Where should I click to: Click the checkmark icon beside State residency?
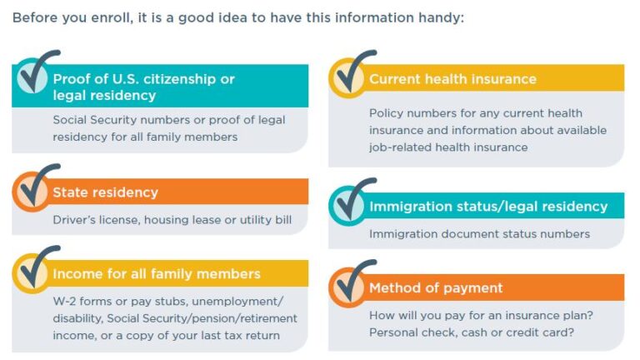pos(32,189)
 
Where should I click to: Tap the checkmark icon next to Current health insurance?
pos(352,75)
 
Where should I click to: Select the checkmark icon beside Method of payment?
pos(352,284)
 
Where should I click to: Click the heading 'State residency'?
pos(105,192)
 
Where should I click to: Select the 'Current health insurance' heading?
pos(452,79)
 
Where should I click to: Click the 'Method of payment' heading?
pos(436,288)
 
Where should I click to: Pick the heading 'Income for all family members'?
pos(157,273)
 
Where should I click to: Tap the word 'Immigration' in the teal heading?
pos(411,206)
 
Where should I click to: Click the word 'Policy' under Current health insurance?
pos(386,112)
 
